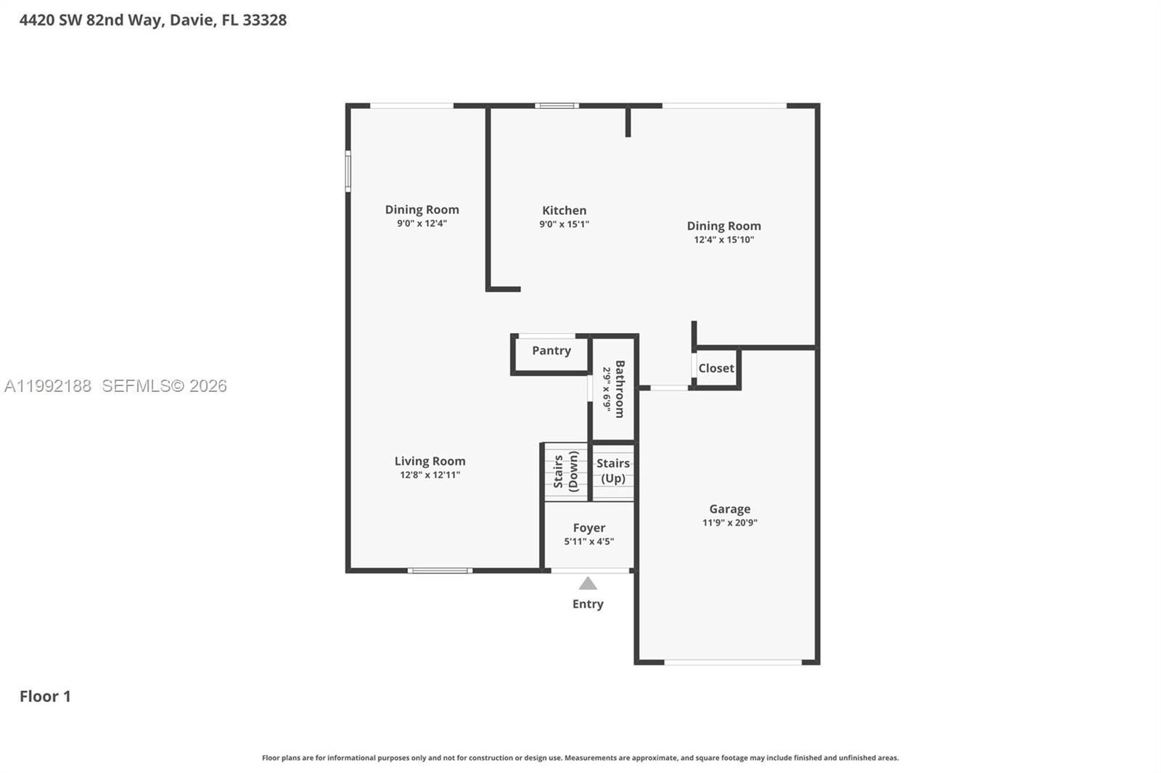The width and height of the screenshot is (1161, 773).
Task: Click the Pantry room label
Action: coord(551,351)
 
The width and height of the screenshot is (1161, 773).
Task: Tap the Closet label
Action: coord(716,368)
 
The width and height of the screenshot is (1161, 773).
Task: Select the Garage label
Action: coord(730,509)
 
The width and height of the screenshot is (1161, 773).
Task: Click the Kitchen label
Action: coord(564,210)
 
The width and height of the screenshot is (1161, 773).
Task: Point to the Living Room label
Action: coord(430,461)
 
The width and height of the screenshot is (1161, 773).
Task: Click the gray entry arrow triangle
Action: coord(588,584)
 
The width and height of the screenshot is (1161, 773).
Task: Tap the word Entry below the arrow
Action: coord(588,604)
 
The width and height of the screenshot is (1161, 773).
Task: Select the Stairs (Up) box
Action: coord(613,471)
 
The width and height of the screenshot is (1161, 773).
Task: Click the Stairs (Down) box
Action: coord(566,472)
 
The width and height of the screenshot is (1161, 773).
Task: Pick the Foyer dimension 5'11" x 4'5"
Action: coord(588,541)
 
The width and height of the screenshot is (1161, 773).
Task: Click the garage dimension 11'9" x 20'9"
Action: coord(730,523)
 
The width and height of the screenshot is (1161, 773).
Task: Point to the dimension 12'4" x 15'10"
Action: coord(724,240)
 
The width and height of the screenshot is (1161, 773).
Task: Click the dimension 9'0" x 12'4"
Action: coord(422,224)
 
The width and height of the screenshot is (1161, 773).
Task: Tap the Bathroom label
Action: coord(620,389)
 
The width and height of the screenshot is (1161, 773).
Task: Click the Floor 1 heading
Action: coord(45,696)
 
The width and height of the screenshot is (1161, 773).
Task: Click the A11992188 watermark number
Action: coord(48,386)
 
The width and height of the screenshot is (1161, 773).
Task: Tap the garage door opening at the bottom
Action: coord(733,662)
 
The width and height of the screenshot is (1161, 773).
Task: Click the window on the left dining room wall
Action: coord(348,171)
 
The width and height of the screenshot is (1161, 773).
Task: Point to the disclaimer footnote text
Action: coord(580,758)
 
